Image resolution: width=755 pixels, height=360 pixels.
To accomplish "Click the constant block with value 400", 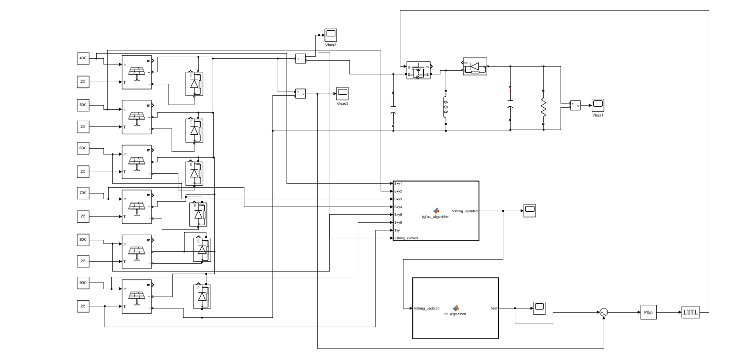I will coord(83,58).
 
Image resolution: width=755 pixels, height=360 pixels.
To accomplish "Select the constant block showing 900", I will coord(83,283).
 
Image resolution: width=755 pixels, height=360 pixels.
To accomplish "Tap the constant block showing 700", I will coord(83,193).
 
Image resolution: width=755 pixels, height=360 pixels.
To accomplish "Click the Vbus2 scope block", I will coord(331,35).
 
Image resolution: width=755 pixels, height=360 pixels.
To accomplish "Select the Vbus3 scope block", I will coord(342,94).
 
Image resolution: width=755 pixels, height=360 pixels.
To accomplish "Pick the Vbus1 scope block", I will coord(598,105).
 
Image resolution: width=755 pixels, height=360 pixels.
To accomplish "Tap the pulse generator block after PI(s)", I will coord(691,312).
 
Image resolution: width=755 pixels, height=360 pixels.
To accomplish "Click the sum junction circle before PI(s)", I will coord(604,312).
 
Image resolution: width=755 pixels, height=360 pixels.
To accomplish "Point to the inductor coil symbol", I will coord(446,106).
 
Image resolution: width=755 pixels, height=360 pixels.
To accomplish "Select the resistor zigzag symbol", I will coord(543,108).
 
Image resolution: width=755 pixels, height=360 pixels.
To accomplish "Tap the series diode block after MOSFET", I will coord(475,67).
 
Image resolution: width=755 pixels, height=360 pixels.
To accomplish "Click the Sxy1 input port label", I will coord(399,184).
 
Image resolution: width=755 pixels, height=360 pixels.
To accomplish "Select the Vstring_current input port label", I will coord(406,238).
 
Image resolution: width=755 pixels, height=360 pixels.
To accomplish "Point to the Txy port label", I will coord(398,230).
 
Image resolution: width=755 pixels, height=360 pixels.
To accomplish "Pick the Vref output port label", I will coord(493,308).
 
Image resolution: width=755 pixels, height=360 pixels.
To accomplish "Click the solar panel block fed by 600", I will coord(137,161).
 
